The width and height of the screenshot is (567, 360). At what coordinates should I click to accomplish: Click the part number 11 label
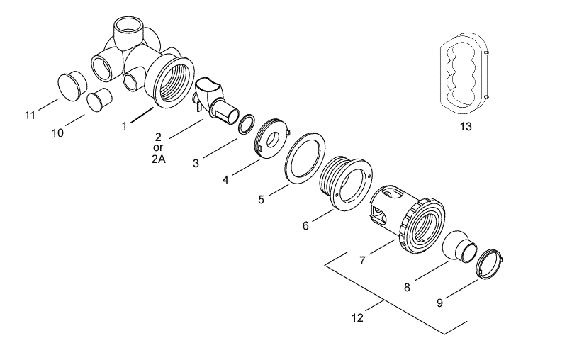[30, 115]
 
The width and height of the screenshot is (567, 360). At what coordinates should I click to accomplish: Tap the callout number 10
[58, 132]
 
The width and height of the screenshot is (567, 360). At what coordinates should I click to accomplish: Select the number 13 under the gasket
[465, 127]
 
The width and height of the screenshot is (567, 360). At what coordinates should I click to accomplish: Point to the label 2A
[159, 160]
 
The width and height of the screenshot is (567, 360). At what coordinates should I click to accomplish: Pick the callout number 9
[439, 303]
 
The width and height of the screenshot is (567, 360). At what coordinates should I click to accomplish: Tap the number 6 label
[305, 226]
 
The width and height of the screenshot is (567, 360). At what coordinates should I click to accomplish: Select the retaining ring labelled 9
[489, 265]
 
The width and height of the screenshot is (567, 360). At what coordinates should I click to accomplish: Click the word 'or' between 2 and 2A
[158, 148]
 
